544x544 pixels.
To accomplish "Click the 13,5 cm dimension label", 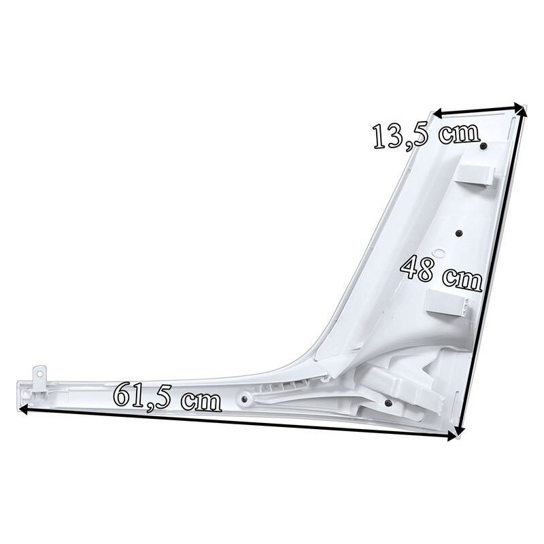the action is click(427, 136).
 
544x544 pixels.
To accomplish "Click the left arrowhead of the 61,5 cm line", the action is click(23, 409).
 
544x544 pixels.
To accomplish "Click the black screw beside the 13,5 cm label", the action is click(483, 146).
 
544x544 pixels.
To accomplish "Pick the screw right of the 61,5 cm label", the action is click(244, 399).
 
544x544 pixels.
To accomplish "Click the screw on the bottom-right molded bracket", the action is click(388, 403).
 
